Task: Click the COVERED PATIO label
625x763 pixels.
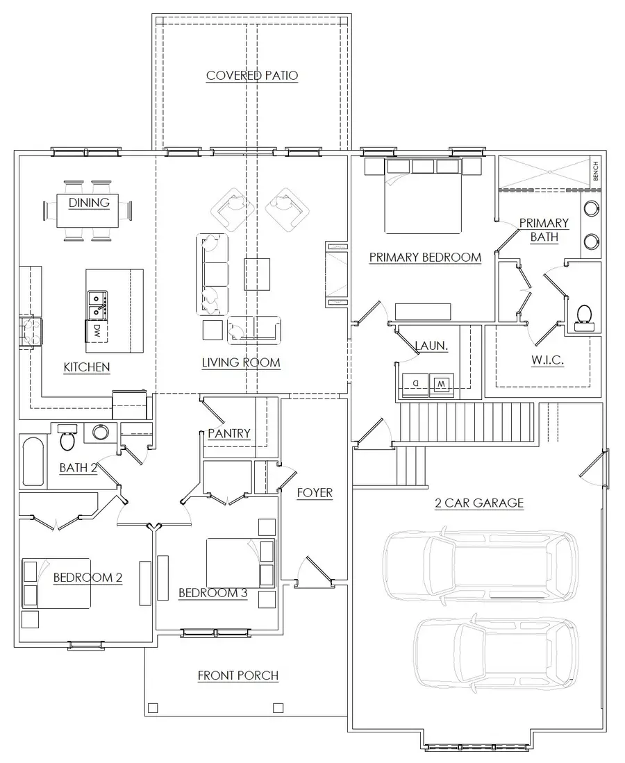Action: click(x=252, y=76)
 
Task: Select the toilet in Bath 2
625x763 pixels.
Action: click(x=68, y=437)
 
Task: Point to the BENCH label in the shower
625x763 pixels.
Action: click(x=595, y=171)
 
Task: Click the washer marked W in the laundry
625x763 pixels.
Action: click(x=440, y=383)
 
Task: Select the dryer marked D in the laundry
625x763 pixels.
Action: click(x=415, y=383)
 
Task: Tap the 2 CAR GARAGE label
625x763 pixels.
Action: click(x=479, y=503)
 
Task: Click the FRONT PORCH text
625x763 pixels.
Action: click(x=238, y=675)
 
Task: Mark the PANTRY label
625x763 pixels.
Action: click(x=228, y=433)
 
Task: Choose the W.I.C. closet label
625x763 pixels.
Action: click(x=548, y=360)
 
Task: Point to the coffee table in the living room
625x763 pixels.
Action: click(x=256, y=274)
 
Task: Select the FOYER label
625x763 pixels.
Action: click(x=315, y=493)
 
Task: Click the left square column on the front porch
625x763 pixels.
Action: click(x=153, y=708)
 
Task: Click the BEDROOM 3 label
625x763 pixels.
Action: click(x=213, y=593)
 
